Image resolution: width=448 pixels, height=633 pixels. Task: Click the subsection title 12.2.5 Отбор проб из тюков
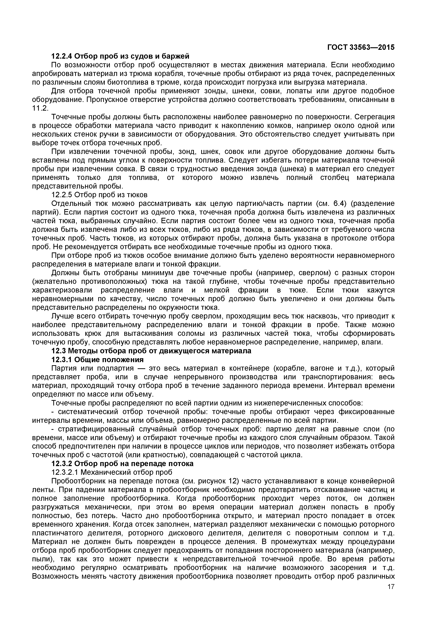[99, 195]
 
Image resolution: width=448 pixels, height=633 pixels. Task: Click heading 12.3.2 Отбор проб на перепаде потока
[122, 464]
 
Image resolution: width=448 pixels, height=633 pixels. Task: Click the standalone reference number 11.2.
[40, 108]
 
